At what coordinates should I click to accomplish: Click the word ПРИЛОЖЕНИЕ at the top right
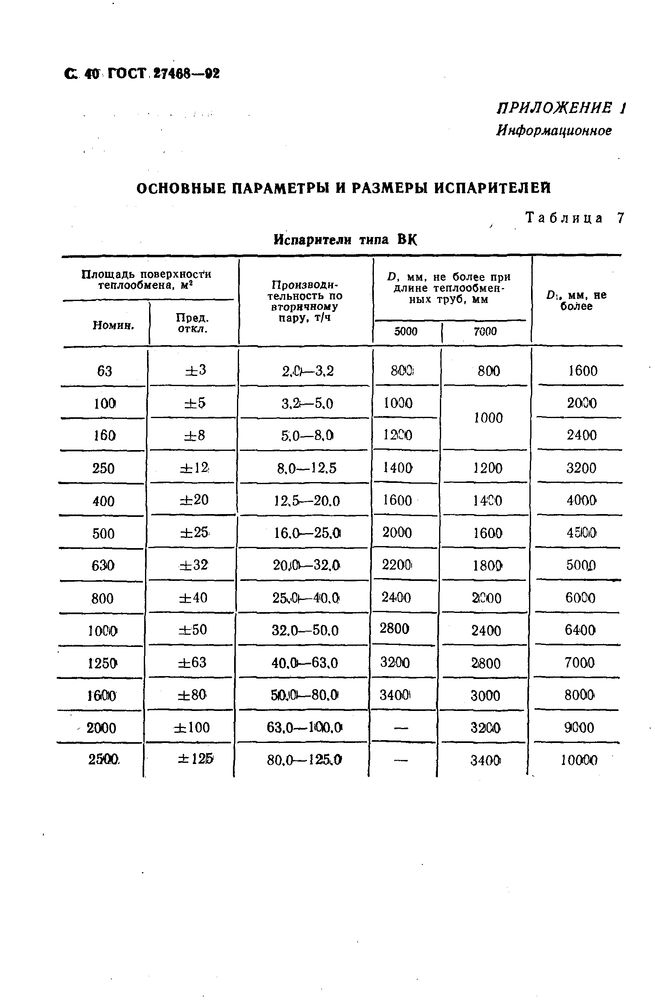click(x=554, y=109)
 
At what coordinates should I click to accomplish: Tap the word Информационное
click(x=554, y=131)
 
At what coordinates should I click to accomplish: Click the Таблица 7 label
click(x=575, y=218)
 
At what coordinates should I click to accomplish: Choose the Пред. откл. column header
click(x=193, y=323)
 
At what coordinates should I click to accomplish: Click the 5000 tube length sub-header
click(x=405, y=332)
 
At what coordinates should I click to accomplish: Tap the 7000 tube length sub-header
click(x=485, y=332)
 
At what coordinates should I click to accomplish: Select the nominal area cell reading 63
click(x=105, y=371)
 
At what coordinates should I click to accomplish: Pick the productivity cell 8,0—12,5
click(x=307, y=468)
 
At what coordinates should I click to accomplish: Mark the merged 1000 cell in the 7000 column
click(x=488, y=418)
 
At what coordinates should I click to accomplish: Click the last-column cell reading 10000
click(x=579, y=760)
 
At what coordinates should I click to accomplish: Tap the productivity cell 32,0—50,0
click(x=305, y=630)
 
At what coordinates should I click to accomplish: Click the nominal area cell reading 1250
click(x=102, y=663)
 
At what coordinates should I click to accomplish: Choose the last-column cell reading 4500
click(x=581, y=533)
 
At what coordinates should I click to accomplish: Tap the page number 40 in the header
click(x=91, y=74)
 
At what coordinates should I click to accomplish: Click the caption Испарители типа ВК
click(x=346, y=240)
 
